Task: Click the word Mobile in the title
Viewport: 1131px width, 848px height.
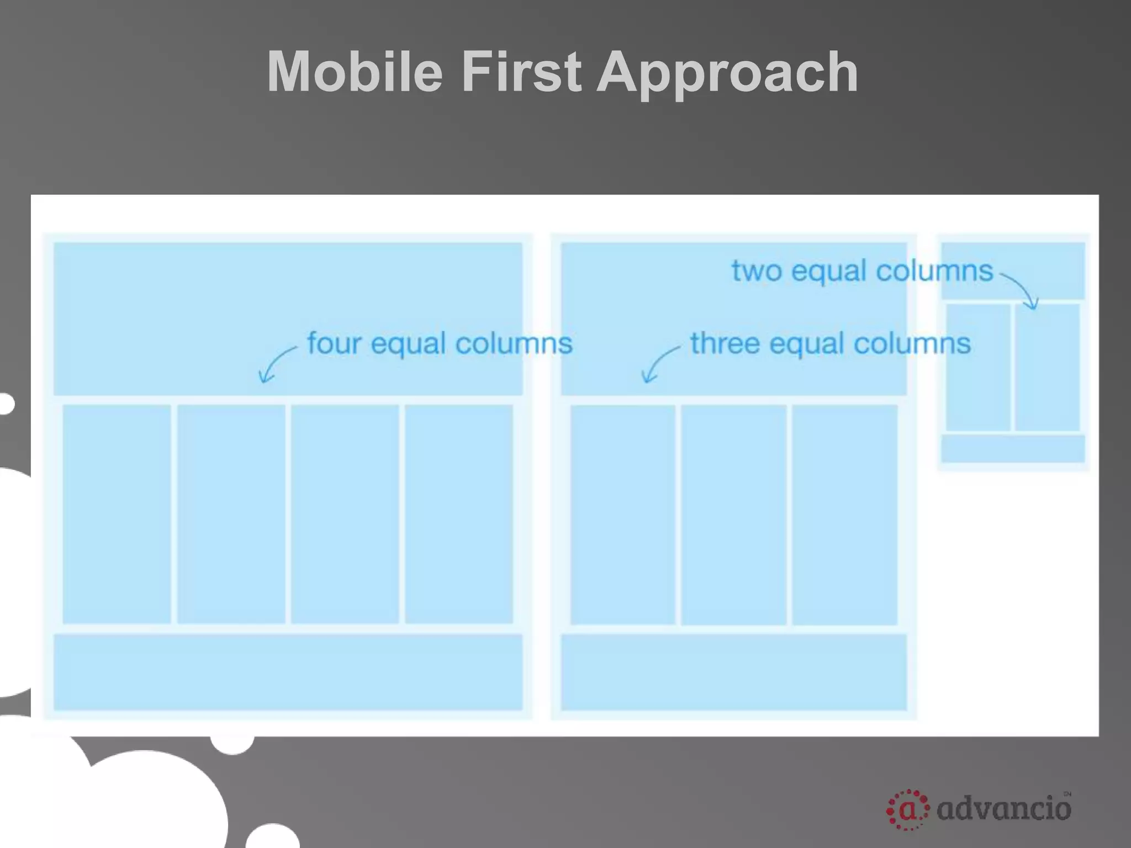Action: coord(355,72)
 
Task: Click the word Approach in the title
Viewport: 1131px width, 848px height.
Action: coord(727,72)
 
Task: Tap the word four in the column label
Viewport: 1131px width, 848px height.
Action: coord(334,343)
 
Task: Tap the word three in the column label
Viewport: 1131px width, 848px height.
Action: coord(725,343)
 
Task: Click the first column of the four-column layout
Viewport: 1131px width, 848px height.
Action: coord(117,514)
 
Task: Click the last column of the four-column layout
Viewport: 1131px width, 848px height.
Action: coord(458,514)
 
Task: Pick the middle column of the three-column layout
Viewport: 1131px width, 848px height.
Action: coord(733,514)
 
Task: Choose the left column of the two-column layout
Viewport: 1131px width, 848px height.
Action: coord(978,367)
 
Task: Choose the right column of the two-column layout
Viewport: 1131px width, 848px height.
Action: coord(1047,367)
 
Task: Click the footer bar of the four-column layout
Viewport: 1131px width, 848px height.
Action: coord(288,672)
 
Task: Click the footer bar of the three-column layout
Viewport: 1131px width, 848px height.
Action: coord(733,672)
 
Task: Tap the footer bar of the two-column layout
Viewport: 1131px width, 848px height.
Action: coord(1013,448)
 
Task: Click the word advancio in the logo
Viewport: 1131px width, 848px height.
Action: coord(1004,809)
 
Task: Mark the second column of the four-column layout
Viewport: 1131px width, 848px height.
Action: coord(231,514)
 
